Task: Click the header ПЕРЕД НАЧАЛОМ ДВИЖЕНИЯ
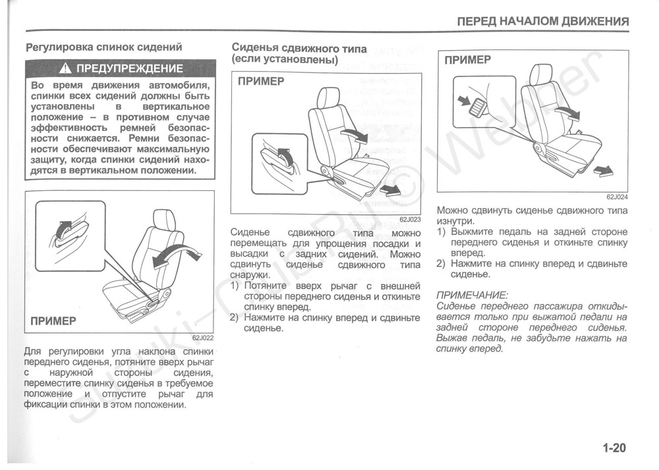point(543,21)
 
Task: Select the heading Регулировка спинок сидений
point(103,47)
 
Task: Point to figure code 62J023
point(410,219)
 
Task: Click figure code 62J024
point(617,197)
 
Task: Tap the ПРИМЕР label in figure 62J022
point(53,321)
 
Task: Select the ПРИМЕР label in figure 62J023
point(261,82)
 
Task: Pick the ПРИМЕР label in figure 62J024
point(467,60)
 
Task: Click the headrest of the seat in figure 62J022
point(163,221)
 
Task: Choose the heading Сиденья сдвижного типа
point(299,49)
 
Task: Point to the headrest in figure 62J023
point(328,97)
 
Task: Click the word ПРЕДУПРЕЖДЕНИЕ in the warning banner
point(130,68)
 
